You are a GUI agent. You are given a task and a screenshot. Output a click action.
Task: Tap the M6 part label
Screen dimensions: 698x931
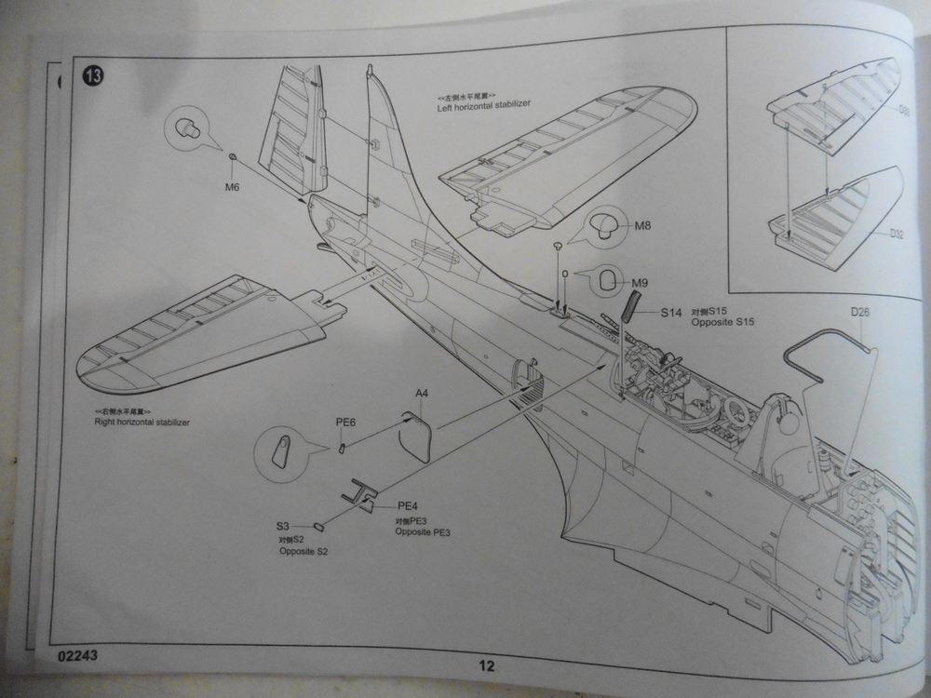click(233, 186)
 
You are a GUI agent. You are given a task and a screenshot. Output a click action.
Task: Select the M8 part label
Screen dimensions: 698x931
click(643, 226)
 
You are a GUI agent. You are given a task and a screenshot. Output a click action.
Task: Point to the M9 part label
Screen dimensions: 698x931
click(640, 283)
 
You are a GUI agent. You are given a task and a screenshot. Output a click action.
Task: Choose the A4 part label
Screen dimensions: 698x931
click(422, 394)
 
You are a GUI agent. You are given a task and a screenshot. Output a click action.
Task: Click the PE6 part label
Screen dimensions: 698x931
click(345, 423)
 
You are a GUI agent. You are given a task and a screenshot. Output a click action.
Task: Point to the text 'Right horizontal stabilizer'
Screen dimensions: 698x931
click(142, 422)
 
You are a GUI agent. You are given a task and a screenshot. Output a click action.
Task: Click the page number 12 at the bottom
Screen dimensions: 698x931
click(486, 665)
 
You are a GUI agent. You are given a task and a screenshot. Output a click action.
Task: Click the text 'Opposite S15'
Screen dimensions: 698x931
click(722, 322)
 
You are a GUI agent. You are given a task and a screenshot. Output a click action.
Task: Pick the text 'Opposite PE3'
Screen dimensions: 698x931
click(424, 531)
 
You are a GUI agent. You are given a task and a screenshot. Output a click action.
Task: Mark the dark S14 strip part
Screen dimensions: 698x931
click(630, 304)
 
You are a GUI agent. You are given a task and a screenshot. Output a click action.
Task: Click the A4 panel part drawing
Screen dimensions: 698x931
click(418, 434)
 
